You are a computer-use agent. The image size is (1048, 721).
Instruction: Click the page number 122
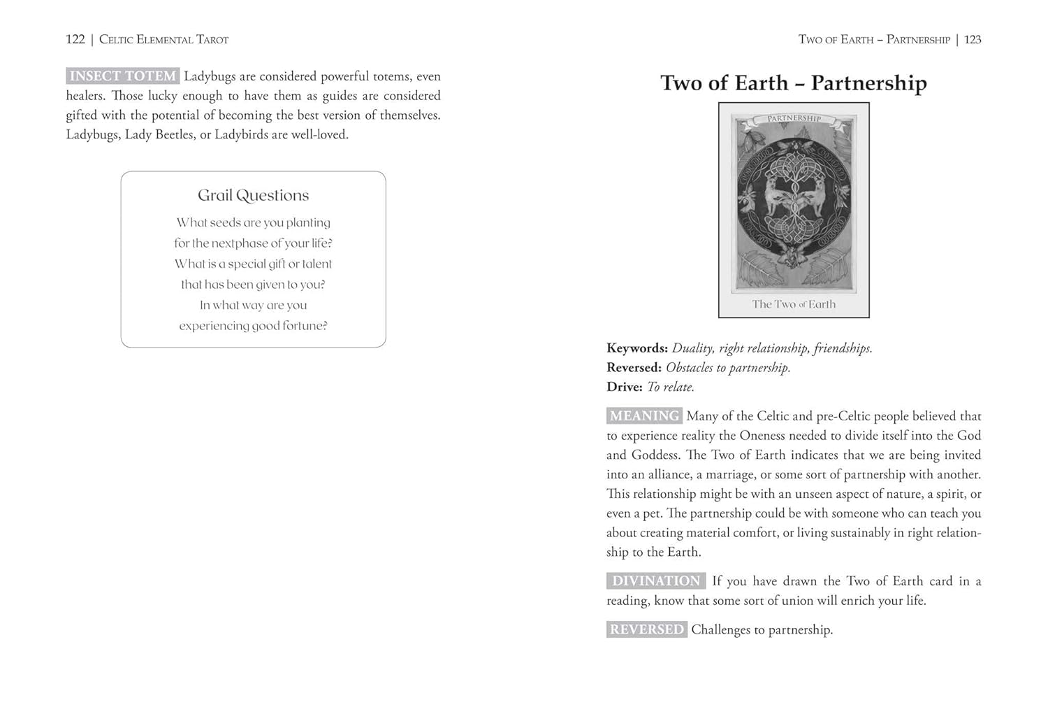(75, 39)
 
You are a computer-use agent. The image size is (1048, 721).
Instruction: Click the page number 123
(973, 39)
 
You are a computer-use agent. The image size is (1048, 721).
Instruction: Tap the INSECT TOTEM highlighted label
(122, 76)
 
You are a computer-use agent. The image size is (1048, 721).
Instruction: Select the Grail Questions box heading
(253, 195)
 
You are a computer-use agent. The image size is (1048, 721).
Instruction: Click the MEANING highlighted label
(643, 416)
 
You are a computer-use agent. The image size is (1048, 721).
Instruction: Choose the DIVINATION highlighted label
(656, 581)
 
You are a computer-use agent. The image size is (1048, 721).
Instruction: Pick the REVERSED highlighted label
(646, 629)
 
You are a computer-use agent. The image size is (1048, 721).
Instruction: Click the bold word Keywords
(636, 348)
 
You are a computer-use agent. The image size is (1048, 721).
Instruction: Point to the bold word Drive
(624, 387)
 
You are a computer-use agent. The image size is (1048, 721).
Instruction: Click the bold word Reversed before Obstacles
(633, 368)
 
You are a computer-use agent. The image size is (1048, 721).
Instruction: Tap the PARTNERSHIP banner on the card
(794, 118)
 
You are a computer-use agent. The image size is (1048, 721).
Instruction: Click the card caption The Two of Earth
(794, 304)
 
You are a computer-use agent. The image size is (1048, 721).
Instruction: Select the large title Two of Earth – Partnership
(794, 83)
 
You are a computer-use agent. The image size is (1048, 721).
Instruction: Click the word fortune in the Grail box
(302, 325)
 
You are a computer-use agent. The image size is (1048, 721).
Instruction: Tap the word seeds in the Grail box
(225, 222)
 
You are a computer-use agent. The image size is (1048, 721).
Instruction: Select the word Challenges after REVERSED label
(721, 629)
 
